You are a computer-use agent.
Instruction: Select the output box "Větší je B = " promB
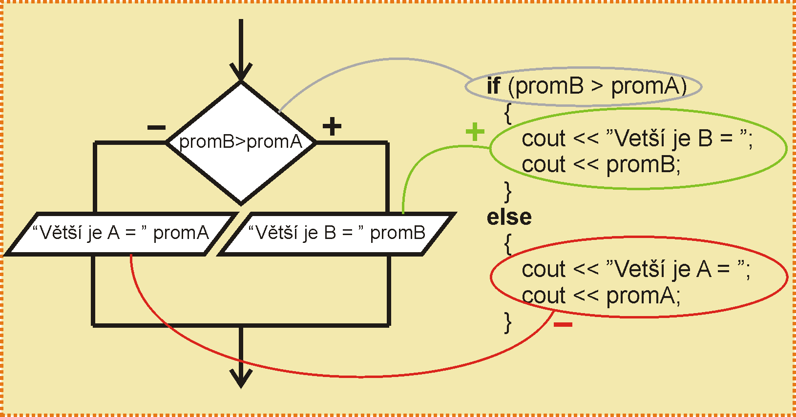(337, 234)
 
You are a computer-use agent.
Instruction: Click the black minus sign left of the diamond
(156, 128)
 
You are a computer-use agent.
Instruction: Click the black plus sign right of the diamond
(332, 127)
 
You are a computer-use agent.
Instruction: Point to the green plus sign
(475, 132)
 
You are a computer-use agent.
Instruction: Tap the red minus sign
(563, 324)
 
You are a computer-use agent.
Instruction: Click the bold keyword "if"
(493, 86)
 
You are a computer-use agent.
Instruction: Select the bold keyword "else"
(509, 217)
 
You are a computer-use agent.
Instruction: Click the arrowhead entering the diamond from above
(241, 73)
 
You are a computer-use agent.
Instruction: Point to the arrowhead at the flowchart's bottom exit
(241, 378)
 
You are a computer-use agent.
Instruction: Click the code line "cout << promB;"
(601, 165)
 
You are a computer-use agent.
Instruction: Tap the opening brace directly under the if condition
(508, 113)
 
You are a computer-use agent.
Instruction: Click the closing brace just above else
(508, 191)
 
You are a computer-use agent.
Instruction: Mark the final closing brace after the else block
(508, 322)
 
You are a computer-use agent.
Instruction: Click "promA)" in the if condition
(649, 86)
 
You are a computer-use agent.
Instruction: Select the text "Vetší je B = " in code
(676, 139)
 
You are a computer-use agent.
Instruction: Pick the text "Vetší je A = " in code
(676, 269)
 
